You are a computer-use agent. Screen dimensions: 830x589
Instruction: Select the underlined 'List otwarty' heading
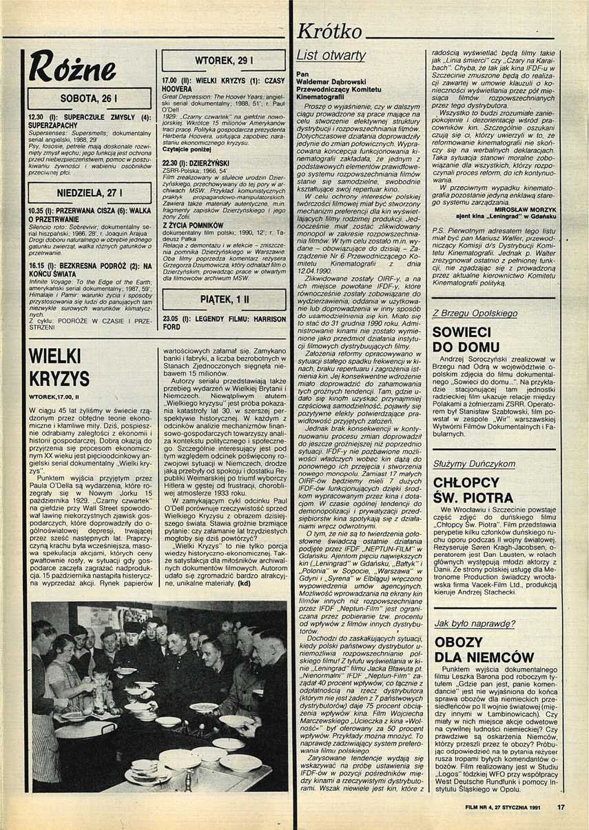331,55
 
